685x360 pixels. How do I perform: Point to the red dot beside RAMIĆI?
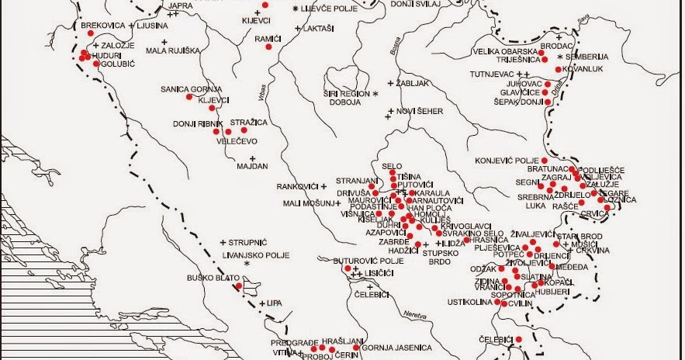[x=268, y=47]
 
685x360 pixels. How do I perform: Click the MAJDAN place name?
[x=252, y=166]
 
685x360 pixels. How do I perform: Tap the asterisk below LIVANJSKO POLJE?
[x=247, y=265]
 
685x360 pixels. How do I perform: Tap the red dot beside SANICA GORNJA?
[x=189, y=97]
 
